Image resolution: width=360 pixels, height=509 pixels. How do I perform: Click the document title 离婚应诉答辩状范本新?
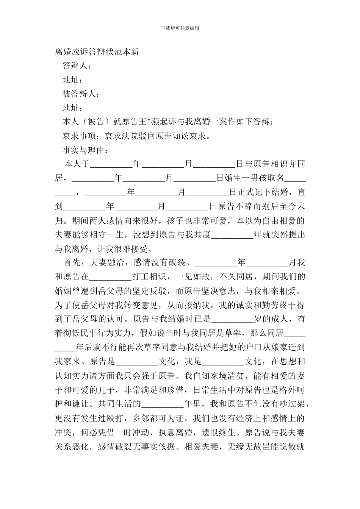pos(97,52)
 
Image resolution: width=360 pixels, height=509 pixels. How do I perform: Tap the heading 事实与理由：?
pos(86,150)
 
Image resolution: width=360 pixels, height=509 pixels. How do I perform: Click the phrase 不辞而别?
pos(248,206)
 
